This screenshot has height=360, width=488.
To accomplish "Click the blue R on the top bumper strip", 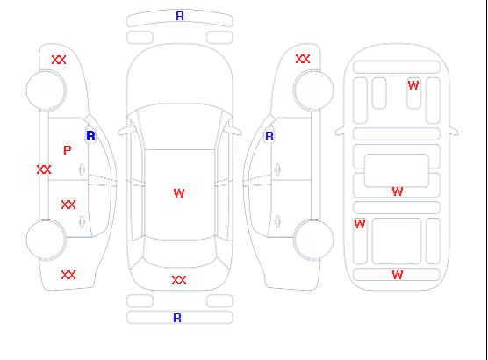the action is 180,16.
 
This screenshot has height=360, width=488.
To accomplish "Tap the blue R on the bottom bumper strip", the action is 177,318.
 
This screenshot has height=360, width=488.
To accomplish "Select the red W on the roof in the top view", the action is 179,193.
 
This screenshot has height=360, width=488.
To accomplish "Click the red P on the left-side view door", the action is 68,150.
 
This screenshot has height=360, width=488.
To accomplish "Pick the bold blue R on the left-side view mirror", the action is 90,136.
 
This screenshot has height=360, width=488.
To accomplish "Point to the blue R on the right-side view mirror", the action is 269,136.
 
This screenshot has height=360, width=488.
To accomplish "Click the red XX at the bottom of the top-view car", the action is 179,280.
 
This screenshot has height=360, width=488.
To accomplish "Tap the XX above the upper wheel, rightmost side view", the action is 303,59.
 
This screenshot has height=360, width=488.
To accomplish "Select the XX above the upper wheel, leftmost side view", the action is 59,60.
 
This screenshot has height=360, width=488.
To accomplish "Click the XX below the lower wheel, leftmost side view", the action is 68,275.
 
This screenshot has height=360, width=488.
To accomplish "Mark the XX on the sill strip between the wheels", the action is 44,169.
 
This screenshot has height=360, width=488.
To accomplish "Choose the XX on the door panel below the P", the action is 68,205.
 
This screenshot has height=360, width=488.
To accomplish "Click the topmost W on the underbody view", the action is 413,85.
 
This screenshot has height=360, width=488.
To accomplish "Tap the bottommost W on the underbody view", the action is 398,275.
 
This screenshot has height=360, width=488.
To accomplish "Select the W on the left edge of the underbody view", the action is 360,224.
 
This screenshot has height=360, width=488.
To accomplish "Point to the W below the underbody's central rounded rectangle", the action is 398,191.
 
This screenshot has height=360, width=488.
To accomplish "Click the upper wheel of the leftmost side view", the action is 46,90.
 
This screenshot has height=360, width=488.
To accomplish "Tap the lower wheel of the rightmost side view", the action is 313,239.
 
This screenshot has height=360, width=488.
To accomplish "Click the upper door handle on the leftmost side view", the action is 82,169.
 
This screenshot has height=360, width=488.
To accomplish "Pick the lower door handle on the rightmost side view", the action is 277,221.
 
